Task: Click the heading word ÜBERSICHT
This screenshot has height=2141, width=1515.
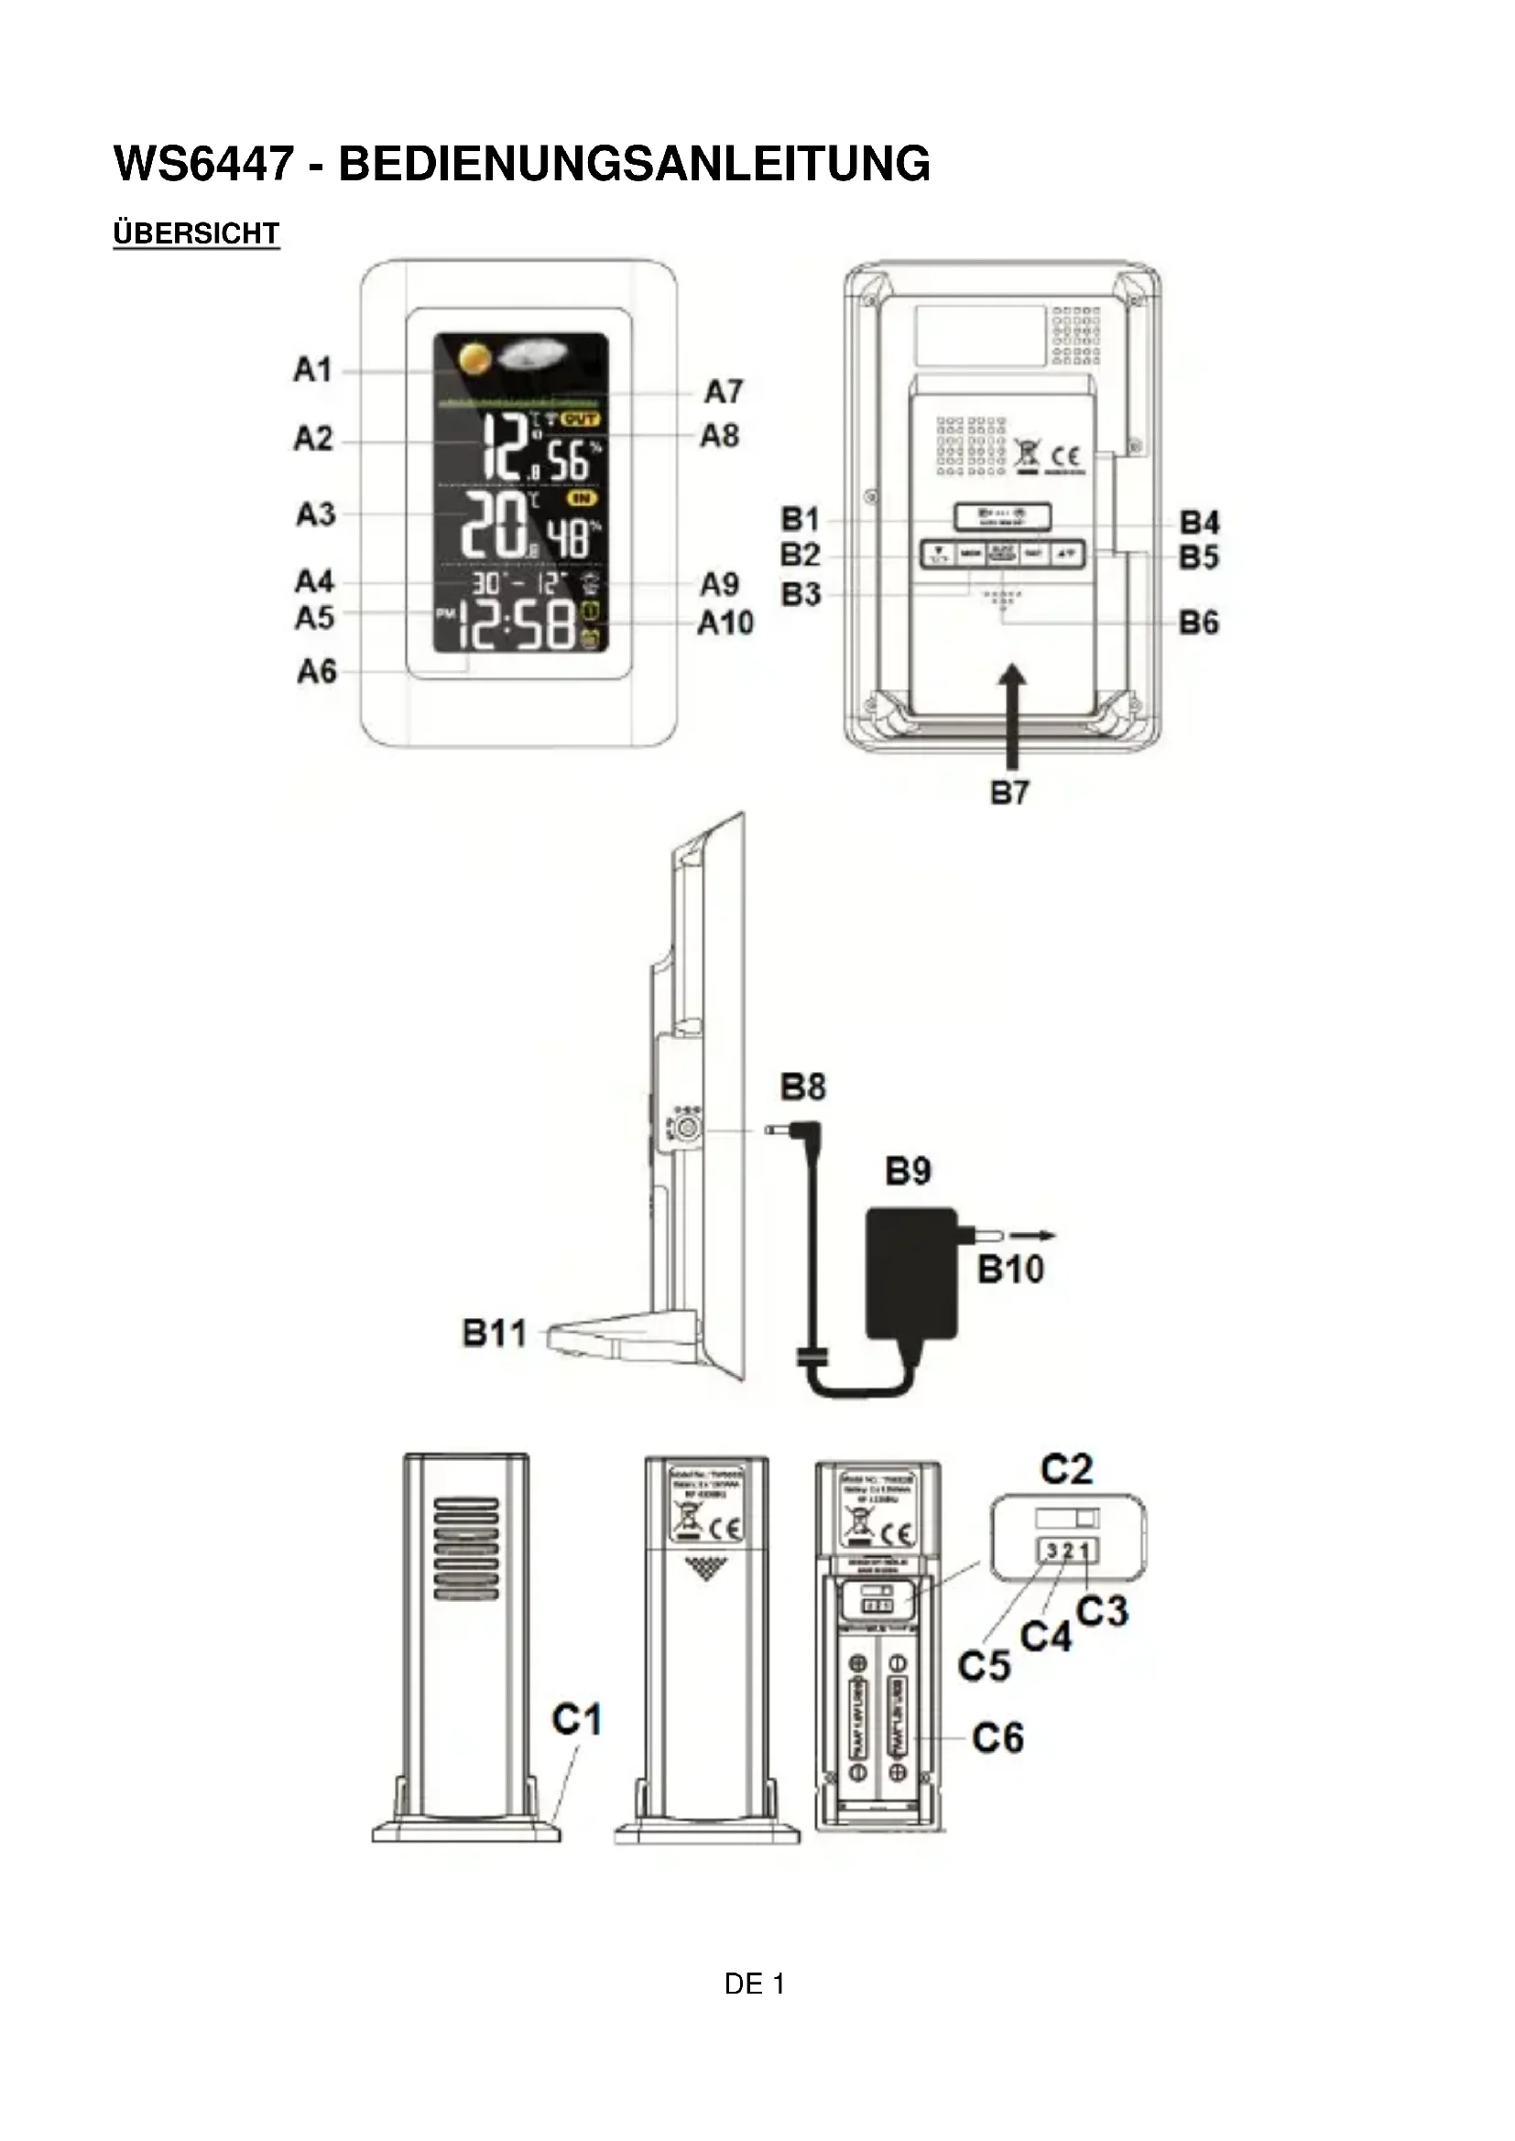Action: click(x=196, y=233)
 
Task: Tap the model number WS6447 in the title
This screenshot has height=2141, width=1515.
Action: click(x=203, y=164)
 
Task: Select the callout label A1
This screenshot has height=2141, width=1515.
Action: click(x=313, y=370)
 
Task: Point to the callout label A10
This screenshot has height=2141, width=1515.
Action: click(x=725, y=623)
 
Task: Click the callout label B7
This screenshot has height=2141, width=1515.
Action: click(x=1009, y=794)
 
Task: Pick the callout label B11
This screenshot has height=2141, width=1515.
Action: click(x=495, y=1334)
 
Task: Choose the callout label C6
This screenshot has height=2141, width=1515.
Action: click(x=997, y=1739)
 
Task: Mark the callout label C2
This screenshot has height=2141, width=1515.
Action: click(x=1066, y=1471)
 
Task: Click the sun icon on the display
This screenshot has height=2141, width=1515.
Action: click(x=474, y=359)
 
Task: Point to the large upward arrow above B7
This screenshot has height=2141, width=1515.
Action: click(x=1009, y=713)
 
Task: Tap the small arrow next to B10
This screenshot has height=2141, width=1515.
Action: click(x=1032, y=1236)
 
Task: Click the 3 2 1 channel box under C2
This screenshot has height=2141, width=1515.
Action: click(x=1067, y=1552)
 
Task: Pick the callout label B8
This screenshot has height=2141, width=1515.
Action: click(x=802, y=1087)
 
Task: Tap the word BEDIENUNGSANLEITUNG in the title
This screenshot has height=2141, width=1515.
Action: click(x=635, y=164)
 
